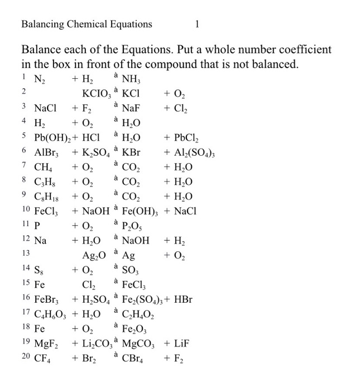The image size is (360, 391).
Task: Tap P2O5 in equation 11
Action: tap(133, 226)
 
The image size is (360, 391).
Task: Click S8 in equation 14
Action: tap(40, 270)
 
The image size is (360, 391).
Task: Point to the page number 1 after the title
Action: tap(197, 24)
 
